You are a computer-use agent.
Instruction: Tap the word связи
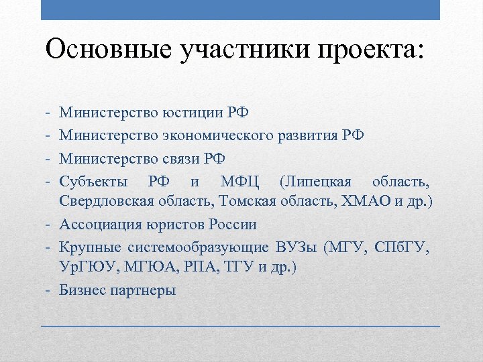coord(181,159)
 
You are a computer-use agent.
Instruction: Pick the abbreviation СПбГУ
coord(402,247)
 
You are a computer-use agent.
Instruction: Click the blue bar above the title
coord(241,10)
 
